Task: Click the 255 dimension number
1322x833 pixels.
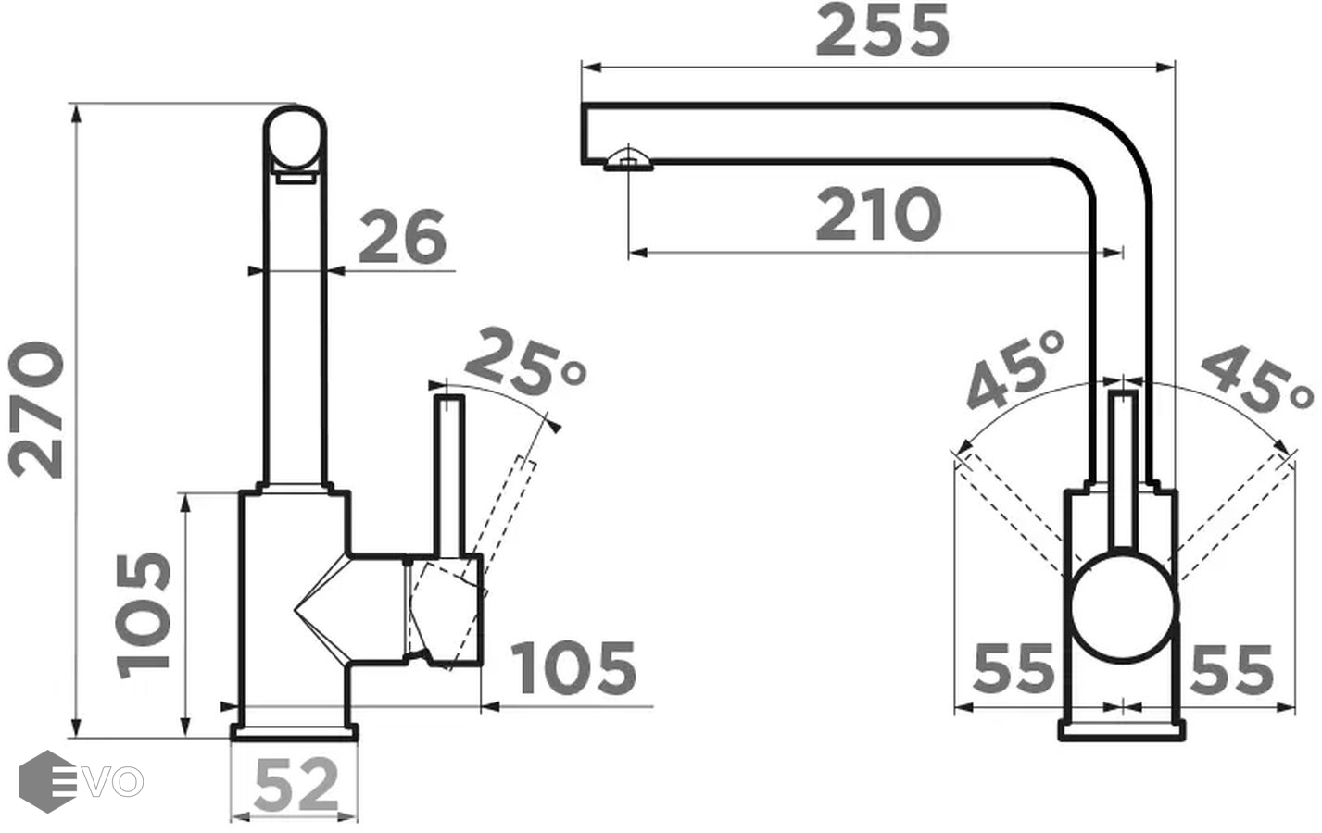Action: (882, 30)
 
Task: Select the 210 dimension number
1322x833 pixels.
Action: (878, 214)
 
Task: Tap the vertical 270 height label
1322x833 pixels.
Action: (35, 410)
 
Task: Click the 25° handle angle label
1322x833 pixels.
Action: (525, 361)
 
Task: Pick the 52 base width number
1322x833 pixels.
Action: (296, 785)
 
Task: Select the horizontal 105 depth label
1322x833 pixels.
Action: (573, 668)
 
